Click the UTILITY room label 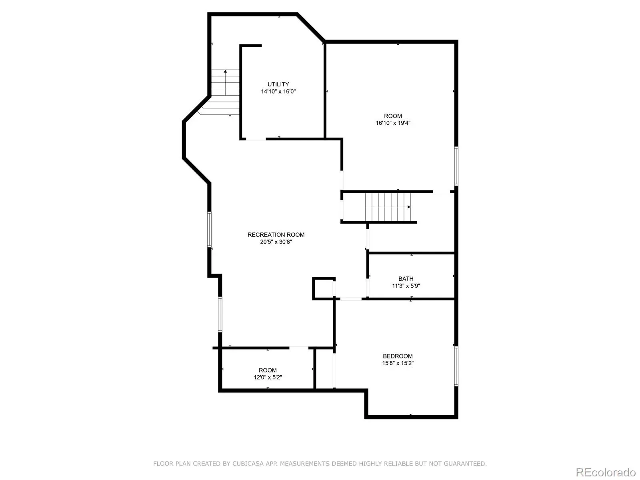(x=278, y=84)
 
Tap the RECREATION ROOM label (x=276, y=235)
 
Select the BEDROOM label (x=398, y=356)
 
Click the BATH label (x=406, y=279)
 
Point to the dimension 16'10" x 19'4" (x=393, y=123)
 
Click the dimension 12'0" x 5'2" (x=267, y=378)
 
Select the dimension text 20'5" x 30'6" (x=276, y=242)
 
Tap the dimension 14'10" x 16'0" (x=278, y=92)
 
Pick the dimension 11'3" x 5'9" (x=406, y=286)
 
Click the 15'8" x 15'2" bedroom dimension (x=398, y=363)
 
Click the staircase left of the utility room (x=221, y=92)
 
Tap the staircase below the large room (x=388, y=207)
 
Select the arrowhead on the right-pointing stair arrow (x=409, y=207)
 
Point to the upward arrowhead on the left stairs (x=225, y=71)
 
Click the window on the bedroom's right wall (x=456, y=366)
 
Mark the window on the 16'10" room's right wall (x=456, y=166)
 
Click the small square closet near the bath (x=323, y=288)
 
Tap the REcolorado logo (x=606, y=472)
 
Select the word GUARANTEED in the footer (x=465, y=463)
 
